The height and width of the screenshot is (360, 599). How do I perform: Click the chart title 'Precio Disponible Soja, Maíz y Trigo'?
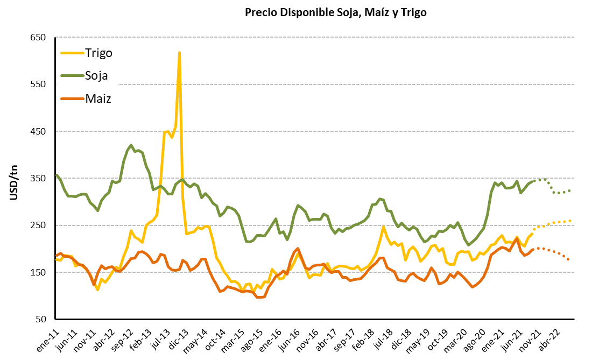click(335, 13)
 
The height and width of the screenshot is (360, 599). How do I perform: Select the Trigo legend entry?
click(98, 52)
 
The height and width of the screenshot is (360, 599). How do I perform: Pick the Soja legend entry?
click(96, 75)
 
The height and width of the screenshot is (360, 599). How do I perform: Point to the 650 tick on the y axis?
click(39, 37)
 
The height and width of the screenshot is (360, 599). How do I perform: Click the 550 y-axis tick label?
click(39, 84)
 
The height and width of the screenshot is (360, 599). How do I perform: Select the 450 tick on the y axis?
click(39, 131)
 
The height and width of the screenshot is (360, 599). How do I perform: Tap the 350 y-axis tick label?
click(39, 178)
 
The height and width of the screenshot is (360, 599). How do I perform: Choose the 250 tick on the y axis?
click(39, 225)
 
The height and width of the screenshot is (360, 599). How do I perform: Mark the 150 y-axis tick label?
click(39, 272)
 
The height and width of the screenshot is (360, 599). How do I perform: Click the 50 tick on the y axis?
click(41, 319)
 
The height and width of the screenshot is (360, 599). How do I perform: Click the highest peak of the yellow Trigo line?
click(179, 52)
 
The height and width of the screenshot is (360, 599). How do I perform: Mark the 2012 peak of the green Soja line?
click(131, 145)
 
